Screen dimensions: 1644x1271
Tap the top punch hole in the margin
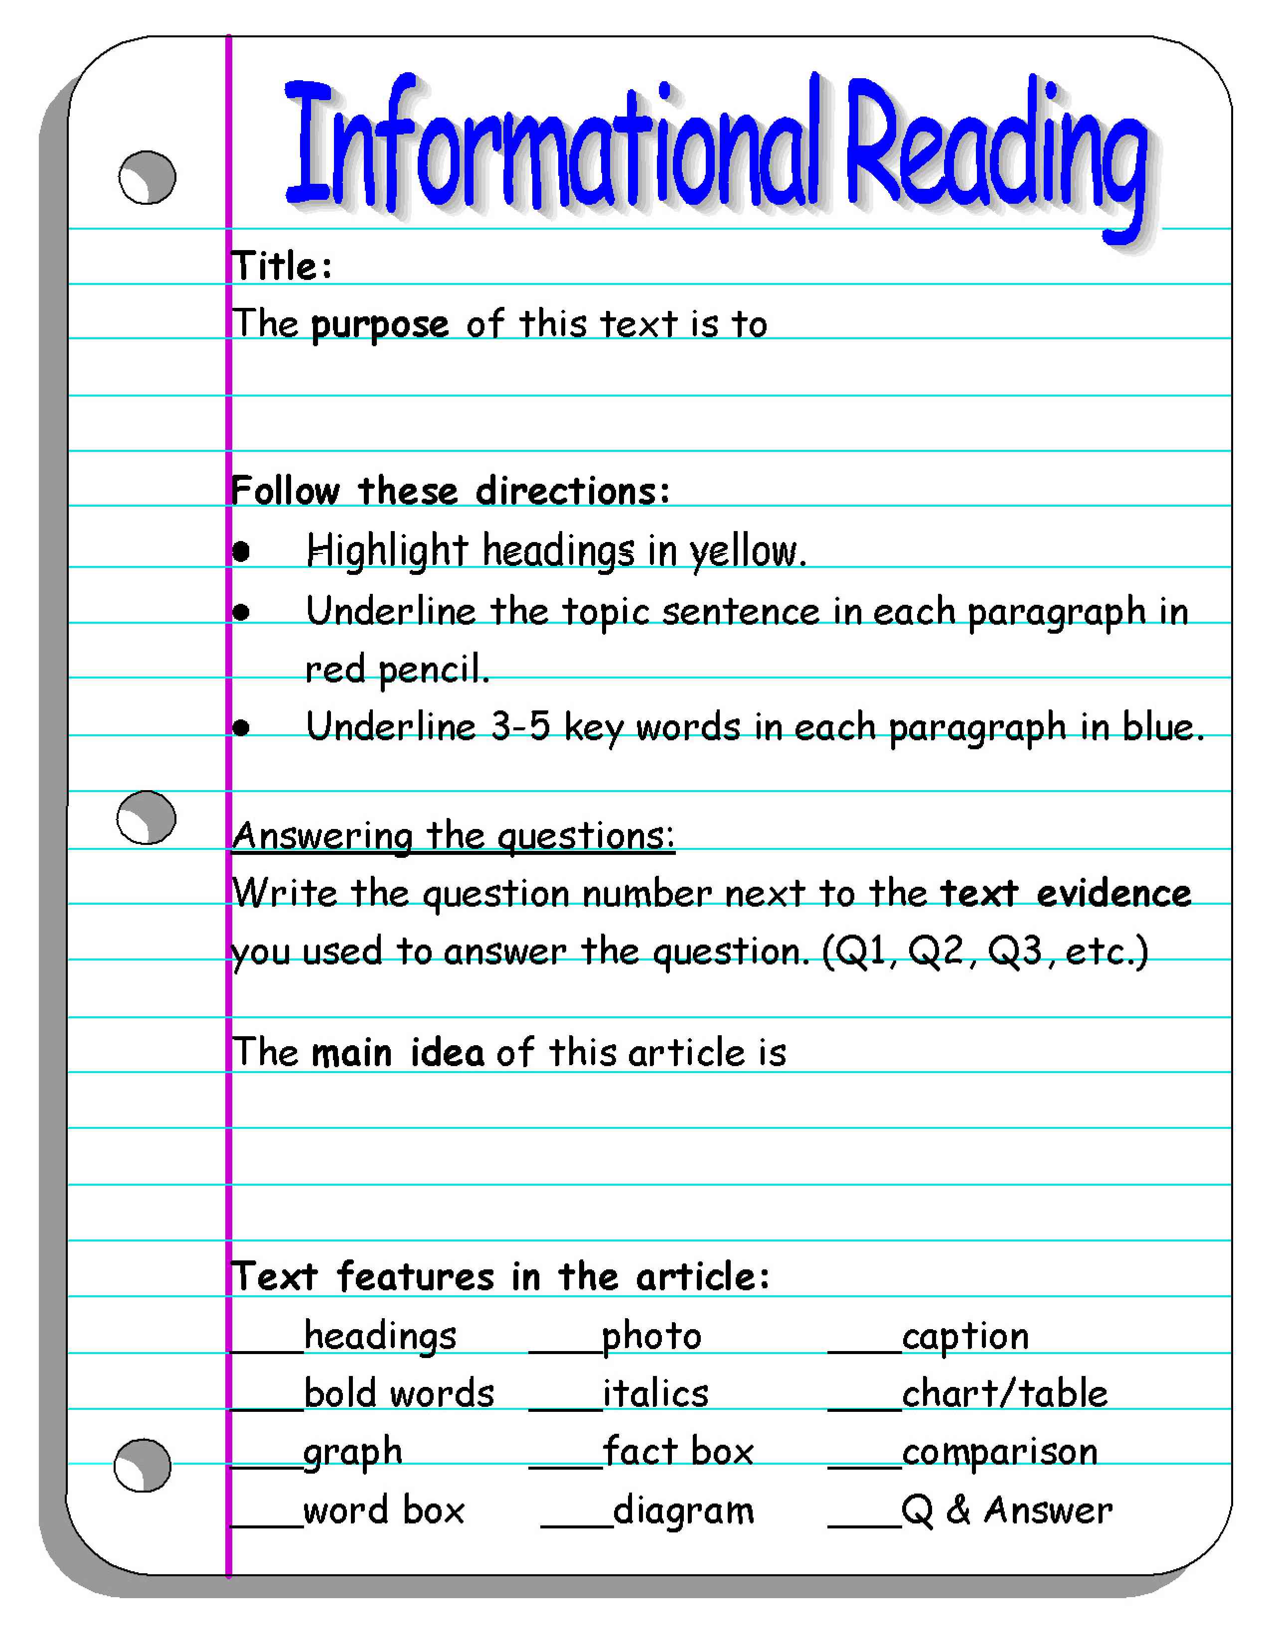147,178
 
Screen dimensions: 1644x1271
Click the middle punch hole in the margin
146,818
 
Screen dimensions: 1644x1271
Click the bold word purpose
379,324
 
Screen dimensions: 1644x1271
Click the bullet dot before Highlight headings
241,552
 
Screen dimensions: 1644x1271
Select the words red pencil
397,669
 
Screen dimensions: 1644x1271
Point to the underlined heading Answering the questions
453,835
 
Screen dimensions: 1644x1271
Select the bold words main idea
398,1052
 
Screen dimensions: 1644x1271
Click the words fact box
678,1451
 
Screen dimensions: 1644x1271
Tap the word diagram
683,1510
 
